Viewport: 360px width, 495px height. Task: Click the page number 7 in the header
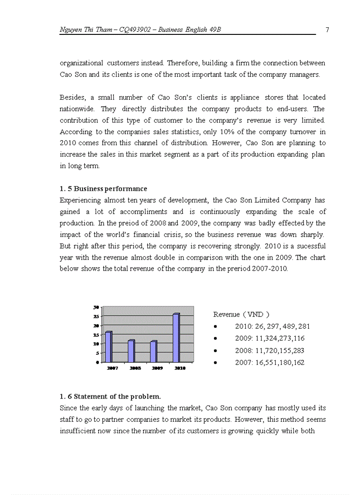327,30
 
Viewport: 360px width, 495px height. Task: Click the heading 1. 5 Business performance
103,189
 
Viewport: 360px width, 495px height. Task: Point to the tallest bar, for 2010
176,338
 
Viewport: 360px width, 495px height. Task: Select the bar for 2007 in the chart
109,346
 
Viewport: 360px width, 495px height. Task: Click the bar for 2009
154,351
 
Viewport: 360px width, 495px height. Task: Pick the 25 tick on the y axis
96,316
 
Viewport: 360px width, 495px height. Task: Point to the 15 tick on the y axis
96,335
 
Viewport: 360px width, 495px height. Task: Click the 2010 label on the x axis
180,368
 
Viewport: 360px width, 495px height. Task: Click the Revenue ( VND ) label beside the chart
241,314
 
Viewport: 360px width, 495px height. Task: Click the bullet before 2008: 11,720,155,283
215,351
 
